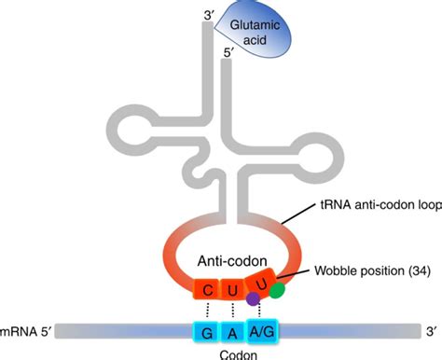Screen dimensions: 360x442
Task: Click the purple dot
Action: pos(252,299)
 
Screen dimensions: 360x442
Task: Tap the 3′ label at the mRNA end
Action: pos(430,328)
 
